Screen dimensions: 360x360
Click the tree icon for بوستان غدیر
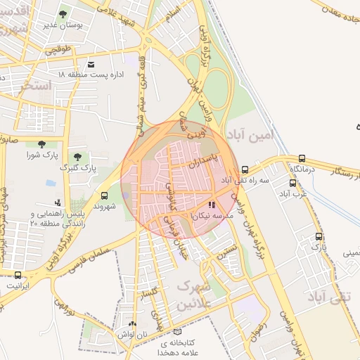[x=63, y=13]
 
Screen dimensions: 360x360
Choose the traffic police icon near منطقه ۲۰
[x=47, y=202]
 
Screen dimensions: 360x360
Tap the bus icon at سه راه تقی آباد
[x=245, y=169]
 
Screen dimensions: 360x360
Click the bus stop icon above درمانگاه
[x=302, y=159]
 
